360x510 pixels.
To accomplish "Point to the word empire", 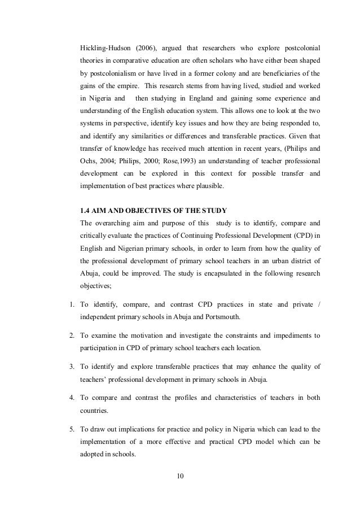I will pyautogui.click(x=126, y=86).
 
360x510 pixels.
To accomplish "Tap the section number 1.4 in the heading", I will pyautogui.click(x=87, y=211).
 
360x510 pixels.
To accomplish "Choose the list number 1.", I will pyautogui.click(x=72, y=306).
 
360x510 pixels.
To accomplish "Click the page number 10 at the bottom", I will pyautogui.click(x=180, y=481).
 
